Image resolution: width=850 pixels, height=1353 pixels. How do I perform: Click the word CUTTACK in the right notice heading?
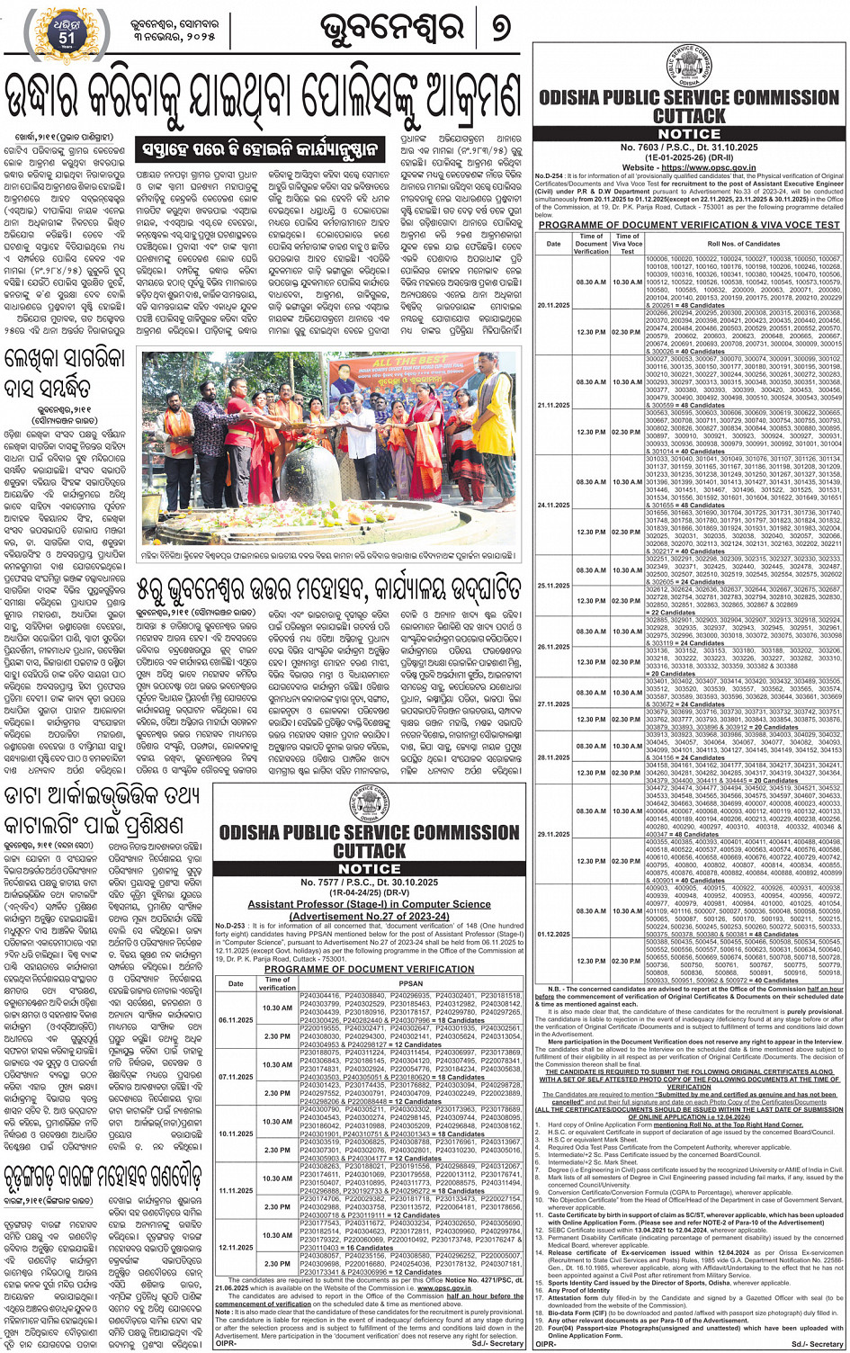pos(689,117)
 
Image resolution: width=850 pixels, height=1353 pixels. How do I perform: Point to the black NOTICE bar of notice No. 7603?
pos(689,134)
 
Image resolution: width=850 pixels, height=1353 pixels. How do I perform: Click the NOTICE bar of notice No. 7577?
pos(370,869)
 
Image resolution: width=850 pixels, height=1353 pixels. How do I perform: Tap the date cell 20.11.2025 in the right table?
pos(553,305)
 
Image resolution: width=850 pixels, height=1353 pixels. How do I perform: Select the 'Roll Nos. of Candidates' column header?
pos(743,244)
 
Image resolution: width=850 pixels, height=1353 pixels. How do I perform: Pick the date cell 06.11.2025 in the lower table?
pos(235,1020)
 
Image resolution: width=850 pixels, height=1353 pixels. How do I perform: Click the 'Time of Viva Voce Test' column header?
pos(627,244)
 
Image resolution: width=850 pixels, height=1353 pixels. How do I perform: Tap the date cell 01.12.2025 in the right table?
pos(553,934)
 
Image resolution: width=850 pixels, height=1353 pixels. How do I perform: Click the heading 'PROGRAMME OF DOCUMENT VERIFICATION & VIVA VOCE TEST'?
pos(689,225)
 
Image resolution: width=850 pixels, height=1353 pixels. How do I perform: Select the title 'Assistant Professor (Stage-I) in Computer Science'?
pos(370,904)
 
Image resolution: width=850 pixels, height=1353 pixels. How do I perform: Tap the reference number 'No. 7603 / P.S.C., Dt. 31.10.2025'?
pos(689,148)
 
